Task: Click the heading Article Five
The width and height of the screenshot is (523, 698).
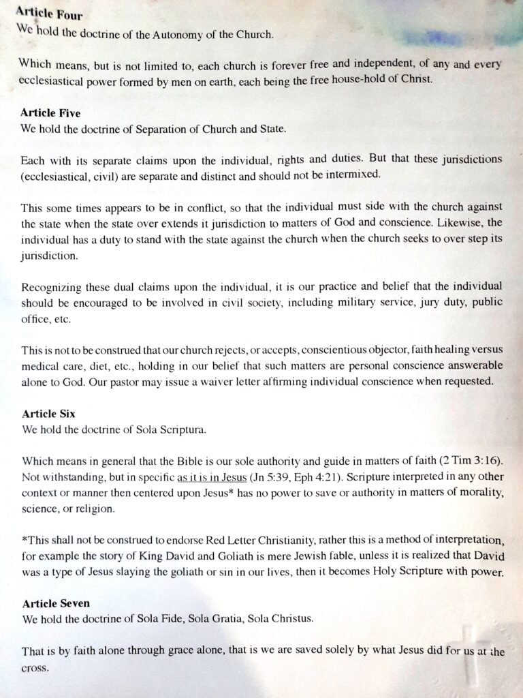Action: click(x=50, y=113)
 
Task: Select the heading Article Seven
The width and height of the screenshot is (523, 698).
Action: click(x=56, y=604)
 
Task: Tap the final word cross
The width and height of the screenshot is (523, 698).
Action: click(x=35, y=667)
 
